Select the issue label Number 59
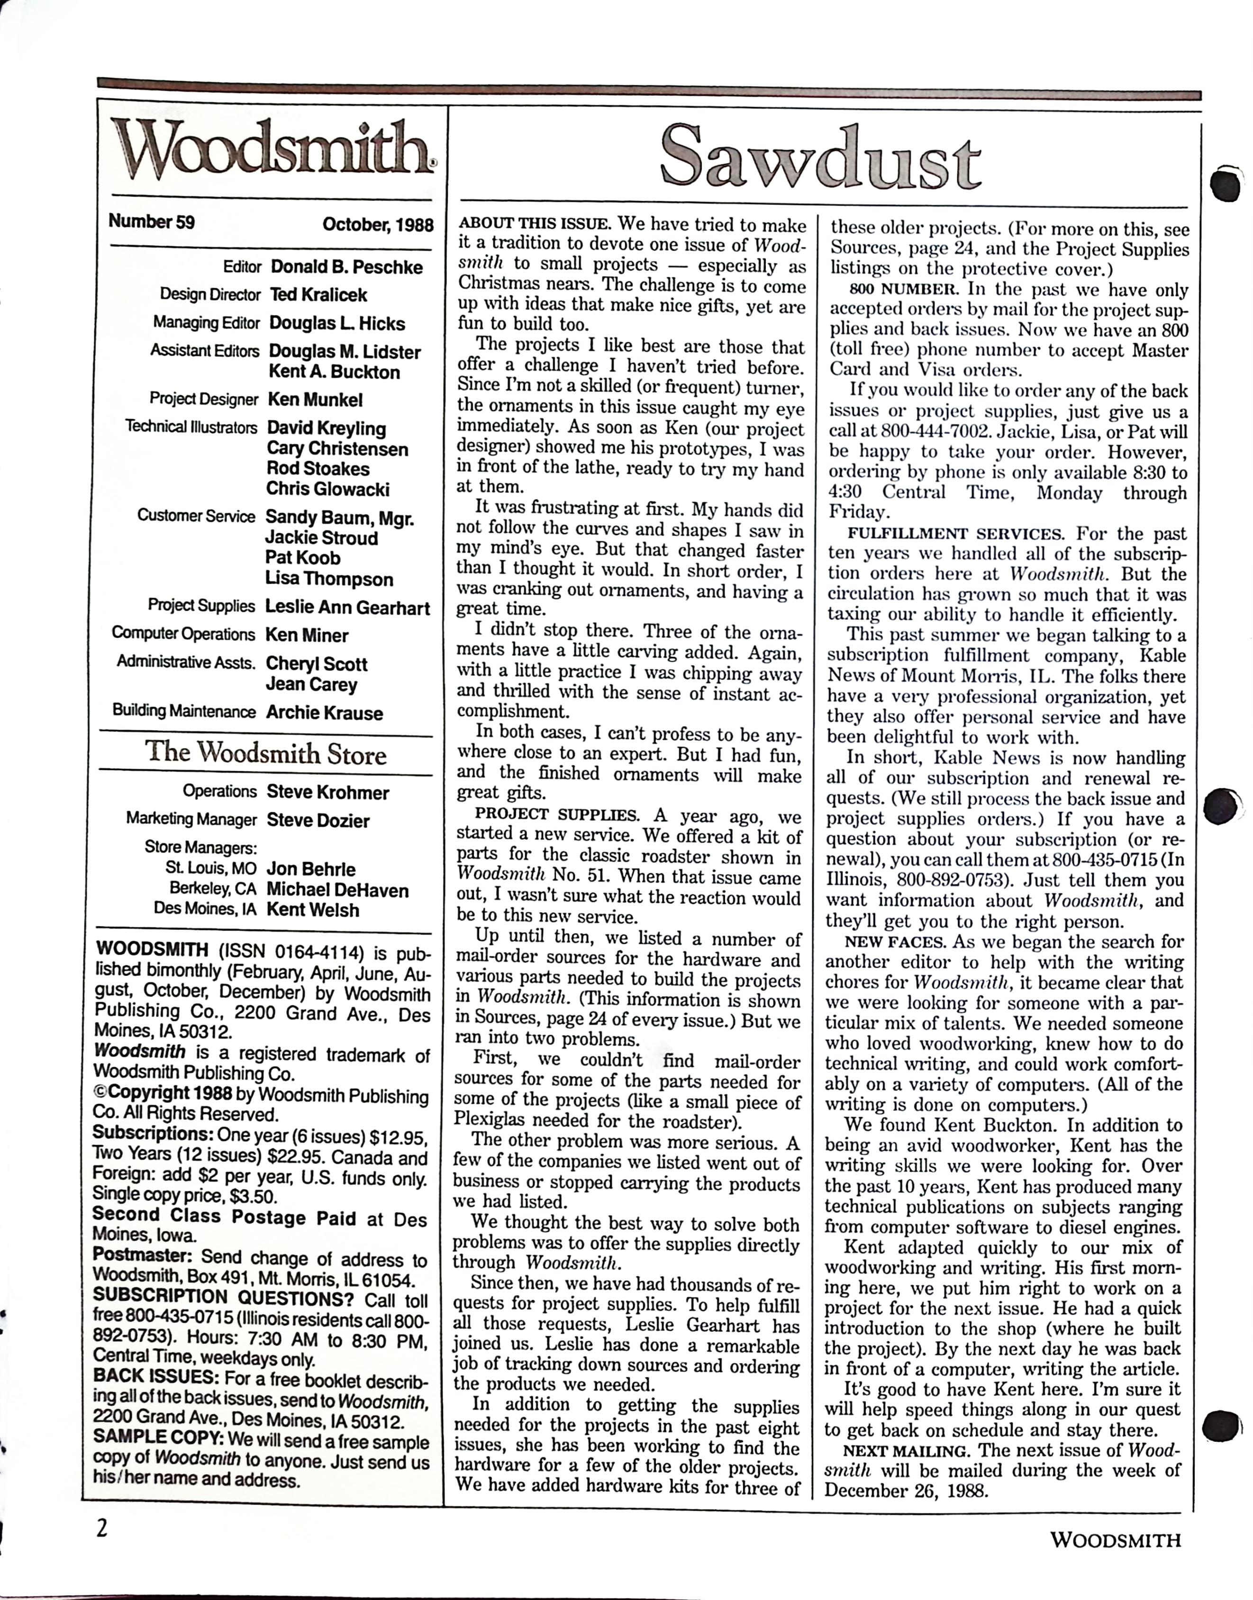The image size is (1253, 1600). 152,221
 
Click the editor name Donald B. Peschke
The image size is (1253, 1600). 346,267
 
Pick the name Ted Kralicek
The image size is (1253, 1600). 318,295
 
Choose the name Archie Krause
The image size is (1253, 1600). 324,713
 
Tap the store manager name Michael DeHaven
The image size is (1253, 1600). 337,890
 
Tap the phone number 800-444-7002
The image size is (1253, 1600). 937,431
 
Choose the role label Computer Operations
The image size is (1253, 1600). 183,634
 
